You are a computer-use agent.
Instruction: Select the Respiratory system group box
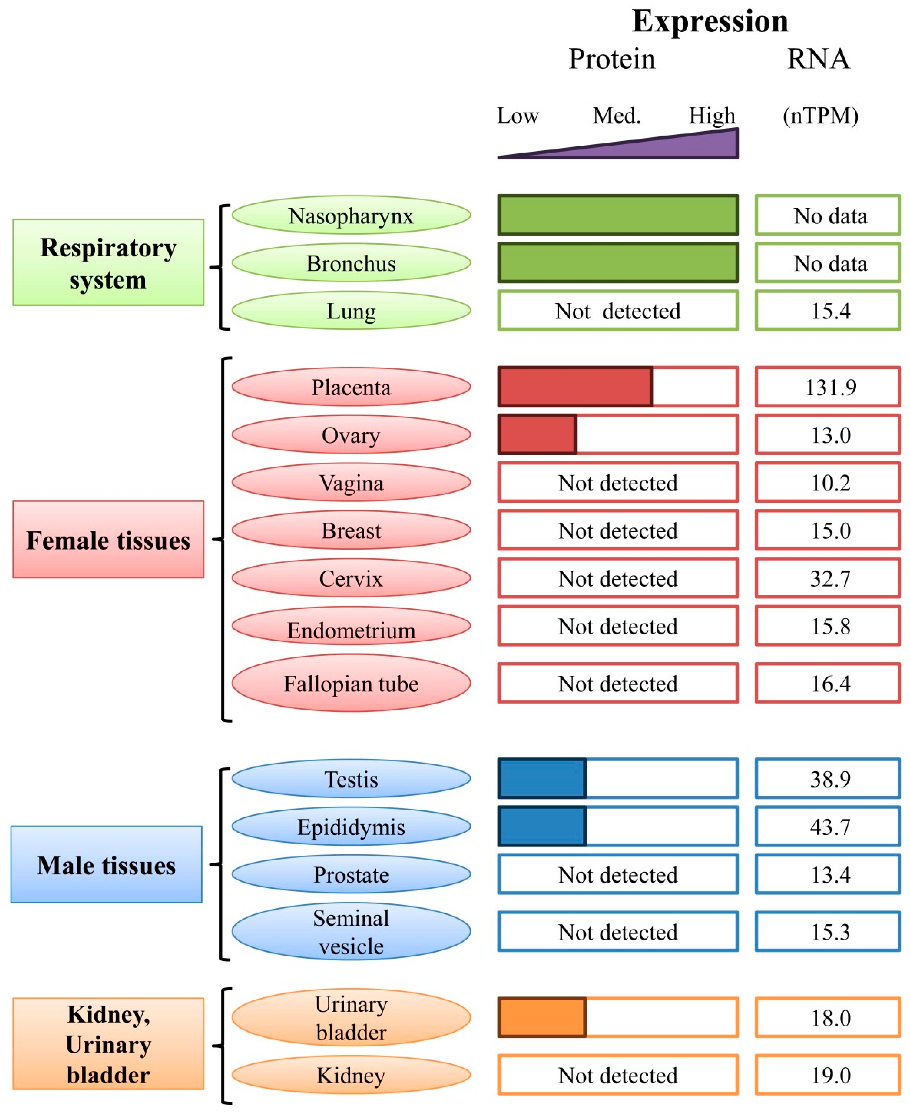pyautogui.click(x=108, y=262)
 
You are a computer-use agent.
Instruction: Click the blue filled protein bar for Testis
pyautogui.click(x=541, y=778)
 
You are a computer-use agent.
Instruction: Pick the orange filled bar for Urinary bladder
pyautogui.click(x=541, y=1017)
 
